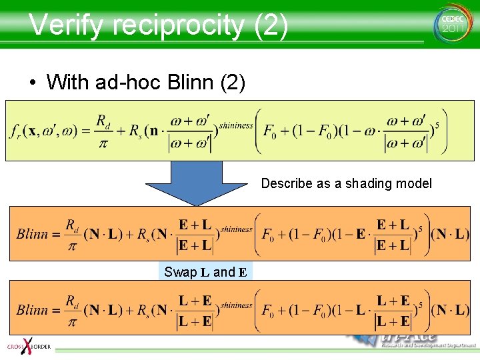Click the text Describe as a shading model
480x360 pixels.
pos(346,183)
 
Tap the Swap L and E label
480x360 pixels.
pos(206,272)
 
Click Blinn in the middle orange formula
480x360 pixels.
pos(32,234)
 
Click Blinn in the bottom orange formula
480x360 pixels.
pos(32,310)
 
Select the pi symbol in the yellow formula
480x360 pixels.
pos(102,143)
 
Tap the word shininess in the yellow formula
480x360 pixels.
pos(236,125)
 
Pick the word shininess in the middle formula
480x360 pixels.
pos(236,229)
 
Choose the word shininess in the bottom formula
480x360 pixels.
pos(236,305)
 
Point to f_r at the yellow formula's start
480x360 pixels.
pos(16,132)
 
